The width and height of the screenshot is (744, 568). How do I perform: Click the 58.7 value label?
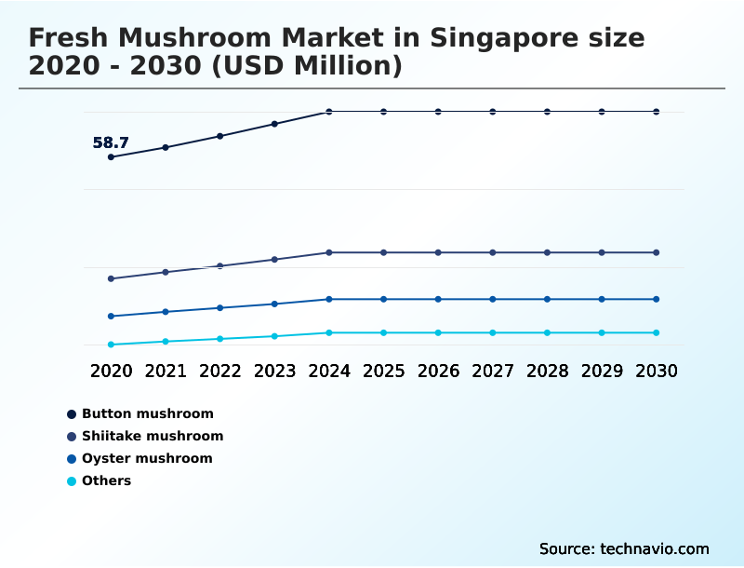coord(111,143)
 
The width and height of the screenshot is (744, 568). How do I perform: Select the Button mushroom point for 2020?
coord(111,157)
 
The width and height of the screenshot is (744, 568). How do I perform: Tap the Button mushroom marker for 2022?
coord(220,136)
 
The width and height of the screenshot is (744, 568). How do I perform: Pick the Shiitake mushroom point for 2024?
coord(329,252)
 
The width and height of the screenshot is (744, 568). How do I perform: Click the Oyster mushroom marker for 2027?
coord(493,299)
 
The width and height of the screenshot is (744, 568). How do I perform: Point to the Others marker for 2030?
coord(657,332)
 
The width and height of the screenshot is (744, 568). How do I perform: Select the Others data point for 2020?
coord(111,345)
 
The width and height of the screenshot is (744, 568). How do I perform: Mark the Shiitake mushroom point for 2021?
coord(166,272)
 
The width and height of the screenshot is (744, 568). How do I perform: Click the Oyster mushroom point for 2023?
coord(274,304)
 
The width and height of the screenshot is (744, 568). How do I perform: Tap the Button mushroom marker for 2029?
coord(602,112)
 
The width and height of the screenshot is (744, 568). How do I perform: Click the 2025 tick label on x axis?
coord(383,371)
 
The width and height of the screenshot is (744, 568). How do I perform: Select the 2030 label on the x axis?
coord(657,371)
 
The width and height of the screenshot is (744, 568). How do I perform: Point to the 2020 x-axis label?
coord(111,371)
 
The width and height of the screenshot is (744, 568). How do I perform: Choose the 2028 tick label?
coord(547,371)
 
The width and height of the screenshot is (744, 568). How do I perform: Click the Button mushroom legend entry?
coord(147,413)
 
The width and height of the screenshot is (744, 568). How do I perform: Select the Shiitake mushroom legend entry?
coord(153,436)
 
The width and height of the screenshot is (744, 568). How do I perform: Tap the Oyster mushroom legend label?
coord(147,458)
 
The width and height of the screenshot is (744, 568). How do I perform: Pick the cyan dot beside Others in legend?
coord(72,481)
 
